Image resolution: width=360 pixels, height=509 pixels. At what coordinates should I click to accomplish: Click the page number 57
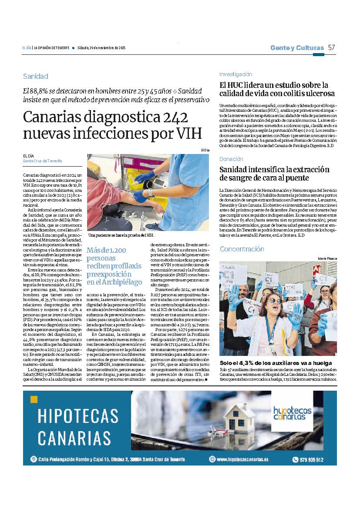(332, 47)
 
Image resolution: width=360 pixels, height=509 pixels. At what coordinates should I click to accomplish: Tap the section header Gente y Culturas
(297, 48)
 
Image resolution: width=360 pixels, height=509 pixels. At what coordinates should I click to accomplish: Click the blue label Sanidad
(35, 77)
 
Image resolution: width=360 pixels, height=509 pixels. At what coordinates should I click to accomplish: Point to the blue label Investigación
(236, 74)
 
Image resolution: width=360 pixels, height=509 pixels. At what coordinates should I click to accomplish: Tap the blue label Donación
(231, 159)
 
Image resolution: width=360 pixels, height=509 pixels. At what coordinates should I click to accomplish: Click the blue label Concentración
(242, 249)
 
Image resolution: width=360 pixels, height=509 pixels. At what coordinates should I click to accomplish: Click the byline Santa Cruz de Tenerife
(42, 161)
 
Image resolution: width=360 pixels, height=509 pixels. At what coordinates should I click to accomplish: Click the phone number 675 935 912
(313, 459)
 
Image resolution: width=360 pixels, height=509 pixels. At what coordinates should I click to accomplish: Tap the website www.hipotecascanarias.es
(242, 459)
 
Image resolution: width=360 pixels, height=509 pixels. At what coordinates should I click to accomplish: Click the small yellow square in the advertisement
(34, 399)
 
